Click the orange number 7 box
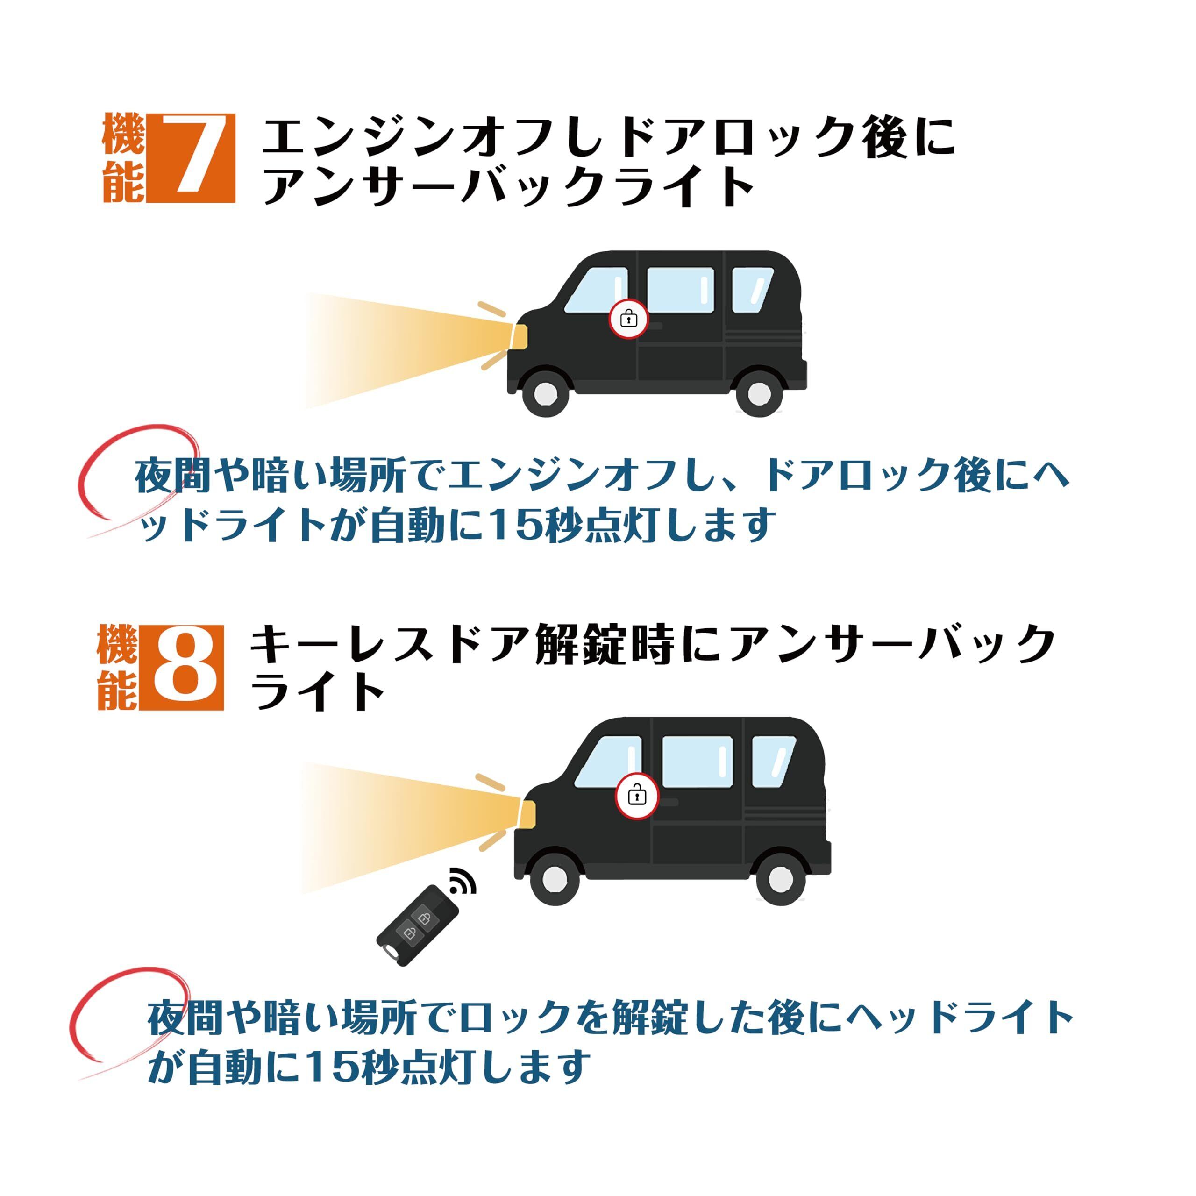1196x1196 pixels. [191, 158]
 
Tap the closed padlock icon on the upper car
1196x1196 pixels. [628, 319]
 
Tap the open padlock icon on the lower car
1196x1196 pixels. [637, 794]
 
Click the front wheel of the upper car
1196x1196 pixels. [546, 392]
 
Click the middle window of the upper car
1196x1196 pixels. [680, 290]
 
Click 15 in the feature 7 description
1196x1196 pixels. [509, 524]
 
